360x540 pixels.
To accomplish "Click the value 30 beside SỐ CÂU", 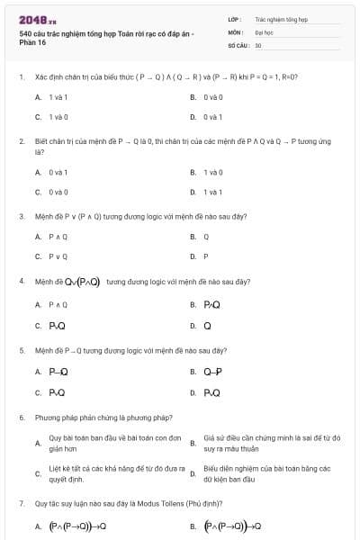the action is [258, 45].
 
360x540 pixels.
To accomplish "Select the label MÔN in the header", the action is [235, 31].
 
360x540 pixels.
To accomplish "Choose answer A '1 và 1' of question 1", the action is [58, 96].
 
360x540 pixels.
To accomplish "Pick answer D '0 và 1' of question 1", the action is [212, 117].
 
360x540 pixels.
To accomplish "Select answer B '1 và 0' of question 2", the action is [212, 172].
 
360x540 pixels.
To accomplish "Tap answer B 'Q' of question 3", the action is [206, 237].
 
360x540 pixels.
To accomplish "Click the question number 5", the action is [21, 349].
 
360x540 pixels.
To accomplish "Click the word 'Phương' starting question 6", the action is [46, 418].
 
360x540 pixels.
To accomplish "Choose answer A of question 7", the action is [77, 526].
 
